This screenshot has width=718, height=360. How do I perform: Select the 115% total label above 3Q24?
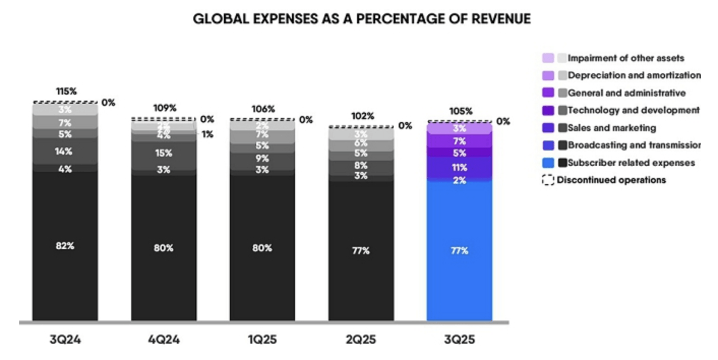66,92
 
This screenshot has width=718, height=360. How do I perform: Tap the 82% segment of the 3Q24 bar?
65,246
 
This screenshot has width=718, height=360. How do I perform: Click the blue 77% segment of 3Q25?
459,251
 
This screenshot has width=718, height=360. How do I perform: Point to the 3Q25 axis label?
459,340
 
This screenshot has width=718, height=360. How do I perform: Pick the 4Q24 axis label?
164,340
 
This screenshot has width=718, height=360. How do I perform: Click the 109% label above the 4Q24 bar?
165,108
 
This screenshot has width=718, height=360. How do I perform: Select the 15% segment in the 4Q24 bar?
164,153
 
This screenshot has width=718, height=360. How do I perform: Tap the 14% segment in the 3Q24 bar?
65,152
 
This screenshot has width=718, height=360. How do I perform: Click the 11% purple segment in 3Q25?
459,167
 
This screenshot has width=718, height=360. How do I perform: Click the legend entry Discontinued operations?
611,180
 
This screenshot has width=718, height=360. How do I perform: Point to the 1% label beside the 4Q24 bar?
206,135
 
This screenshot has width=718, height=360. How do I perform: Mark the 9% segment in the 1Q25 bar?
262,158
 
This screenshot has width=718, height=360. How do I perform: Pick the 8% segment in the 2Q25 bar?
361,165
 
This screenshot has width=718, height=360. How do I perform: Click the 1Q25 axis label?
262,340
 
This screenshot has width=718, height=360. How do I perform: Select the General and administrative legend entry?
626,93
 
